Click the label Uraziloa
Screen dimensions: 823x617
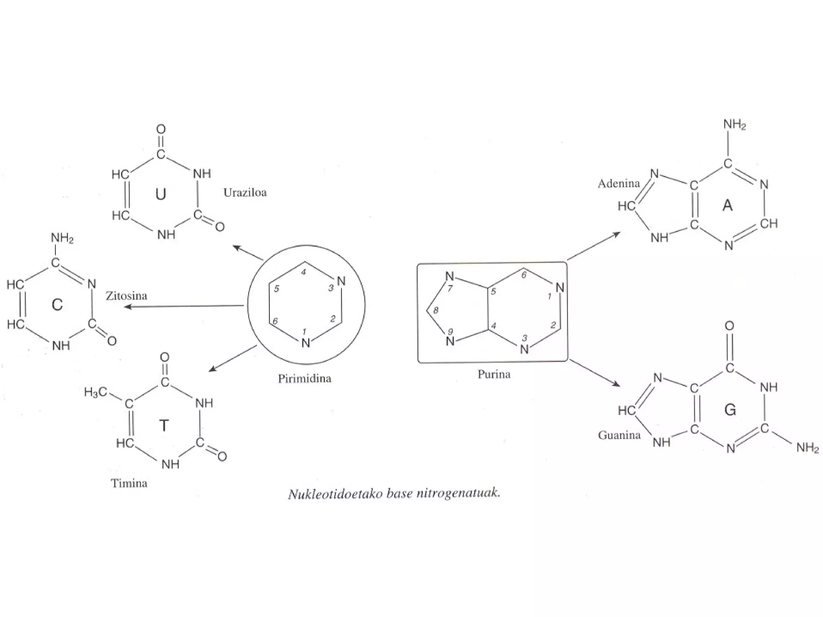[245, 193]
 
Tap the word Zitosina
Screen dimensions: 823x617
[127, 296]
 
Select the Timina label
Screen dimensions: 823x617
[129, 483]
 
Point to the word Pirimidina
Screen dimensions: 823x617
[305, 379]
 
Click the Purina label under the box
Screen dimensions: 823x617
[494, 374]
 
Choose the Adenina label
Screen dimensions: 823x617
[618, 184]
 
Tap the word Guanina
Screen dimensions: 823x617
[619, 435]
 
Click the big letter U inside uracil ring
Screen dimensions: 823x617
[160, 194]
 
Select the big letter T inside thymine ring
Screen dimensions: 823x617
[164, 425]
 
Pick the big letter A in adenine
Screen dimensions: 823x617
[727, 206]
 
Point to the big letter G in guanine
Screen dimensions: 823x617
[730, 410]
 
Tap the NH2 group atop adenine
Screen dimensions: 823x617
[735, 125]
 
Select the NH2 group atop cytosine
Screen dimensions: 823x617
[62, 238]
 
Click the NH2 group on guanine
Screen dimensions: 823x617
[807, 447]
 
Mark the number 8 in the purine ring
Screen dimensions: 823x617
[436, 310]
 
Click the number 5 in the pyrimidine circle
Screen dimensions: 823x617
[276, 289]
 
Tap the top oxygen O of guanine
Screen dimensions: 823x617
[729, 326]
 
